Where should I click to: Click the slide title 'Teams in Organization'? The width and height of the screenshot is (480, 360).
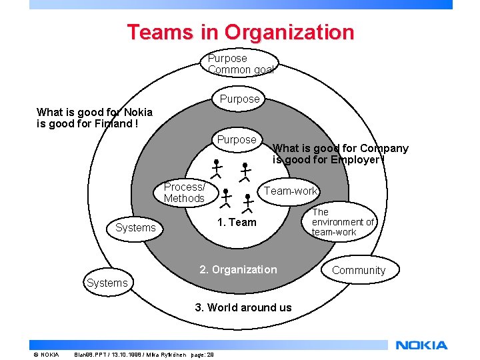240,32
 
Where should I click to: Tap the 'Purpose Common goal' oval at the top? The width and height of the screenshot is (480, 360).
240,64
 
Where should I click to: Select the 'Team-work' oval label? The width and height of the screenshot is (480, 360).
291,191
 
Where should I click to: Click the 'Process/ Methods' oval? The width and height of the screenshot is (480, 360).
184,193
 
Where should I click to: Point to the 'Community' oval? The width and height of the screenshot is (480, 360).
359,270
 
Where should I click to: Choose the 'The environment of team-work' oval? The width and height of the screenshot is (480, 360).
343,222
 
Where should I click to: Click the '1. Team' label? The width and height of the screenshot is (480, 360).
237,223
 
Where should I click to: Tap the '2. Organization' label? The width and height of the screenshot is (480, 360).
238,269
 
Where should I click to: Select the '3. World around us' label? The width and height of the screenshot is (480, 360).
243,307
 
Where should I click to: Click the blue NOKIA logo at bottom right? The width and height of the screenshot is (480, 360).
421,345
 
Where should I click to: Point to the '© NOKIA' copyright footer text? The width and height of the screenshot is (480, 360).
46,354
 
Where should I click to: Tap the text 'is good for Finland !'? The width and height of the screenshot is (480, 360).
87,123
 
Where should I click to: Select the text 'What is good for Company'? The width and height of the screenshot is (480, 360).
341,149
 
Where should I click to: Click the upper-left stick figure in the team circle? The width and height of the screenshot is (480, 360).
216,168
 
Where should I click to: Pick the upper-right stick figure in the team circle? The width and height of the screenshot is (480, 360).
245,171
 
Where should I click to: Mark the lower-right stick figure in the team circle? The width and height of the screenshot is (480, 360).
247,202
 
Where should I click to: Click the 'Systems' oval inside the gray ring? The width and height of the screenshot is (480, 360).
135,228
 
